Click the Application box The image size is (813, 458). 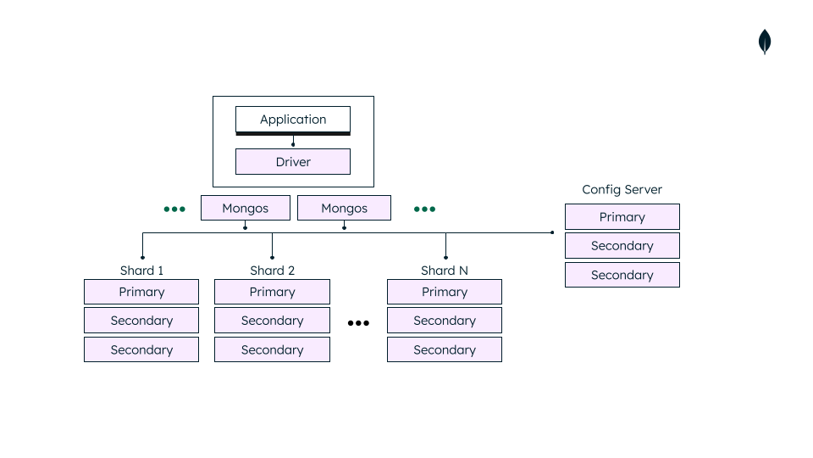[x=293, y=120]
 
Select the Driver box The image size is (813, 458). [x=293, y=162]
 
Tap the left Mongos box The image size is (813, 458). [x=246, y=208]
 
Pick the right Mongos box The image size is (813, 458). [x=344, y=208]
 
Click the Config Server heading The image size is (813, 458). [x=622, y=190]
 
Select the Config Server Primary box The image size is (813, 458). [x=622, y=217]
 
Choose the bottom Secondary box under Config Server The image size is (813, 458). [x=622, y=275]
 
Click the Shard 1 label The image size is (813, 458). [x=141, y=271]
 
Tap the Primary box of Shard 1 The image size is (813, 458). [x=141, y=292]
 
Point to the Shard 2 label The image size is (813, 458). [x=272, y=271]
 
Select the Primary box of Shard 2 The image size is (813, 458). [x=272, y=292]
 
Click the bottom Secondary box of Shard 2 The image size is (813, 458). [x=272, y=349]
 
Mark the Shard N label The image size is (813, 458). [x=445, y=271]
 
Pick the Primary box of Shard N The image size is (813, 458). [x=445, y=292]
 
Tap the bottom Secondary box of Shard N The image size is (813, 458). [x=445, y=349]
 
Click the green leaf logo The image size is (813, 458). [x=765, y=42]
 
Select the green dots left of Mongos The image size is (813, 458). [x=174, y=209]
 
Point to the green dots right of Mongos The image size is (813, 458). [x=424, y=209]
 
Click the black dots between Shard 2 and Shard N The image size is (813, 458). [x=358, y=323]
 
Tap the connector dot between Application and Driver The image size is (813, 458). [x=293, y=144]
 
